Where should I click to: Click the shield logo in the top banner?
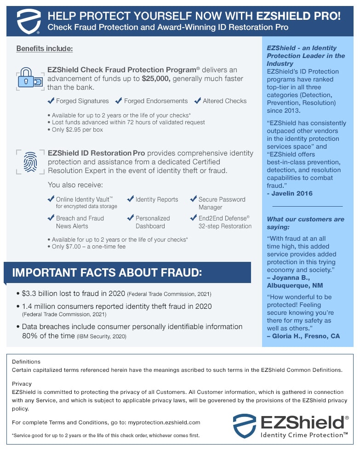coord(29,21)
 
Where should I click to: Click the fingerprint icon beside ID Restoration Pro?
coord(31,162)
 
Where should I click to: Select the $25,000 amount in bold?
coord(156,79)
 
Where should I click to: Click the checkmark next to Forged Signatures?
coord(51,101)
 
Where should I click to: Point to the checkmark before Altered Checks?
coord(198,101)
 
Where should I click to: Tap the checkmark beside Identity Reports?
coord(131,199)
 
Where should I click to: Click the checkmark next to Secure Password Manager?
coord(193,199)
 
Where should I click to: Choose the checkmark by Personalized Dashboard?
coord(131,218)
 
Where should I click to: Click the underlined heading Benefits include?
coord(45,49)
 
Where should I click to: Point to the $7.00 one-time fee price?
coord(74,247)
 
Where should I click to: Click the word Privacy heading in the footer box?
coord(22,383)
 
